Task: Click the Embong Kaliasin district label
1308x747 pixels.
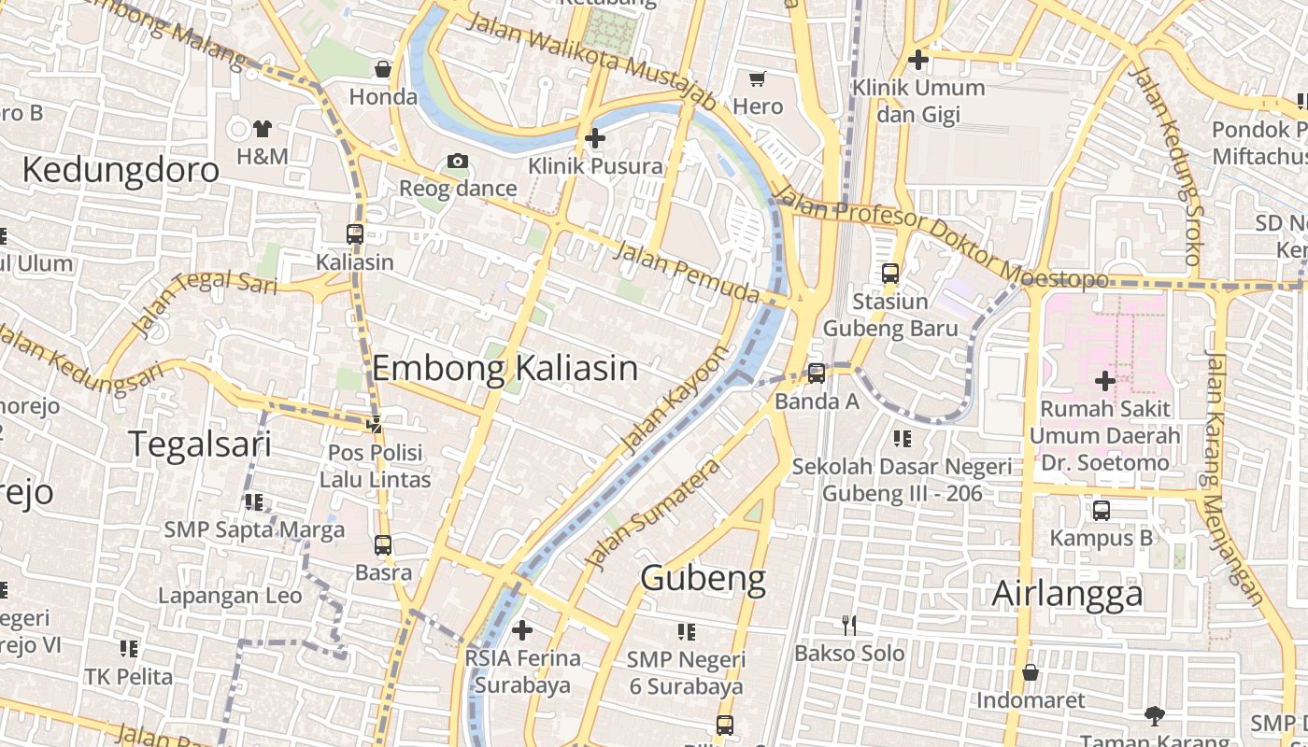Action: click(505, 368)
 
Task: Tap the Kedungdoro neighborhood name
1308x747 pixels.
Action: click(121, 170)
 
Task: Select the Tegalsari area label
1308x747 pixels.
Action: click(199, 444)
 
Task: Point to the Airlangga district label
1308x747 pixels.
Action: click(1067, 593)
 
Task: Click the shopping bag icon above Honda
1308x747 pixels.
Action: click(382, 68)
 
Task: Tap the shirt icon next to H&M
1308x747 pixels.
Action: click(263, 128)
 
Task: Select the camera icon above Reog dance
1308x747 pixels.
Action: click(457, 161)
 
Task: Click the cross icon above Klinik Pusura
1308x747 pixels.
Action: click(594, 138)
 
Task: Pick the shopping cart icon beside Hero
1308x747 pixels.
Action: click(758, 78)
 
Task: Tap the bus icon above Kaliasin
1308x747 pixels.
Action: click(354, 234)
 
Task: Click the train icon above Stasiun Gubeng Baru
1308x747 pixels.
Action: click(890, 274)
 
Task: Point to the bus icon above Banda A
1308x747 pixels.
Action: click(817, 373)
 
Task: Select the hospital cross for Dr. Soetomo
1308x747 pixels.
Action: click(1104, 380)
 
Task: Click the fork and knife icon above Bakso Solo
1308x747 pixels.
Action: click(848, 625)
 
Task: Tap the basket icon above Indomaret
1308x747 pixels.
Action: click(1031, 672)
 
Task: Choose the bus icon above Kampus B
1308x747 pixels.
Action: click(1102, 511)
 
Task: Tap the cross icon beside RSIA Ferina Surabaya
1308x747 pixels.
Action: click(522, 630)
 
